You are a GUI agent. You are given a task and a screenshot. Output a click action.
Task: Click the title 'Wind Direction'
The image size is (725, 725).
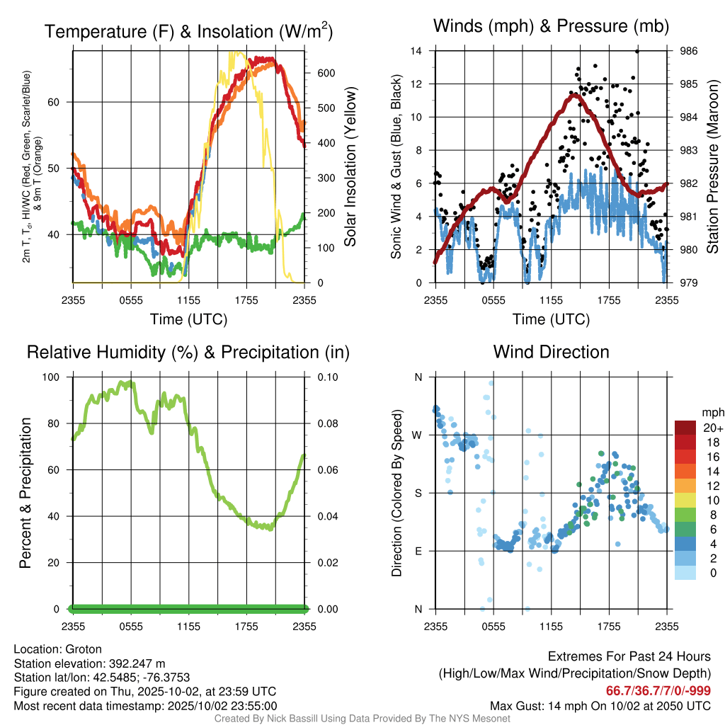pos(551,352)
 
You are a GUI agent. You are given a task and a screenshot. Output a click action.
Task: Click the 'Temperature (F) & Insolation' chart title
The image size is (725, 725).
pos(188,32)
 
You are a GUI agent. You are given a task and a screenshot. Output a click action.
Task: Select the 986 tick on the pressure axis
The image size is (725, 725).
pos(689,51)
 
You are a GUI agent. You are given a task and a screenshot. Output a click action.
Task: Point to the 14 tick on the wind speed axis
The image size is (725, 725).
pos(417,51)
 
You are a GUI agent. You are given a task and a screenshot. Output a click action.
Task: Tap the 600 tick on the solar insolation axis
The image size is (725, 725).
pos(325,73)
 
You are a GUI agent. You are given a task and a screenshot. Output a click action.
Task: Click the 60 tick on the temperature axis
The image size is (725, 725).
pos(62,102)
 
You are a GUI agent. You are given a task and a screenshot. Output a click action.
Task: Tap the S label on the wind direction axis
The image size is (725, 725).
pos(418,493)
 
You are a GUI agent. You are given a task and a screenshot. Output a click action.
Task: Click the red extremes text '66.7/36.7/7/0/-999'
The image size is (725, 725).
pos(658,691)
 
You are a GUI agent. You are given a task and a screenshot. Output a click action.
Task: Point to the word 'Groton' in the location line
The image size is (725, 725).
pos(84,649)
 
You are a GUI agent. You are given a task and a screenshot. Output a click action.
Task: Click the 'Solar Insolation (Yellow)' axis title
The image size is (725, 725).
pos(350,167)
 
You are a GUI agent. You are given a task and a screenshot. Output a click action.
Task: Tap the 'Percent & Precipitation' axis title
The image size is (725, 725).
pos(25,493)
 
